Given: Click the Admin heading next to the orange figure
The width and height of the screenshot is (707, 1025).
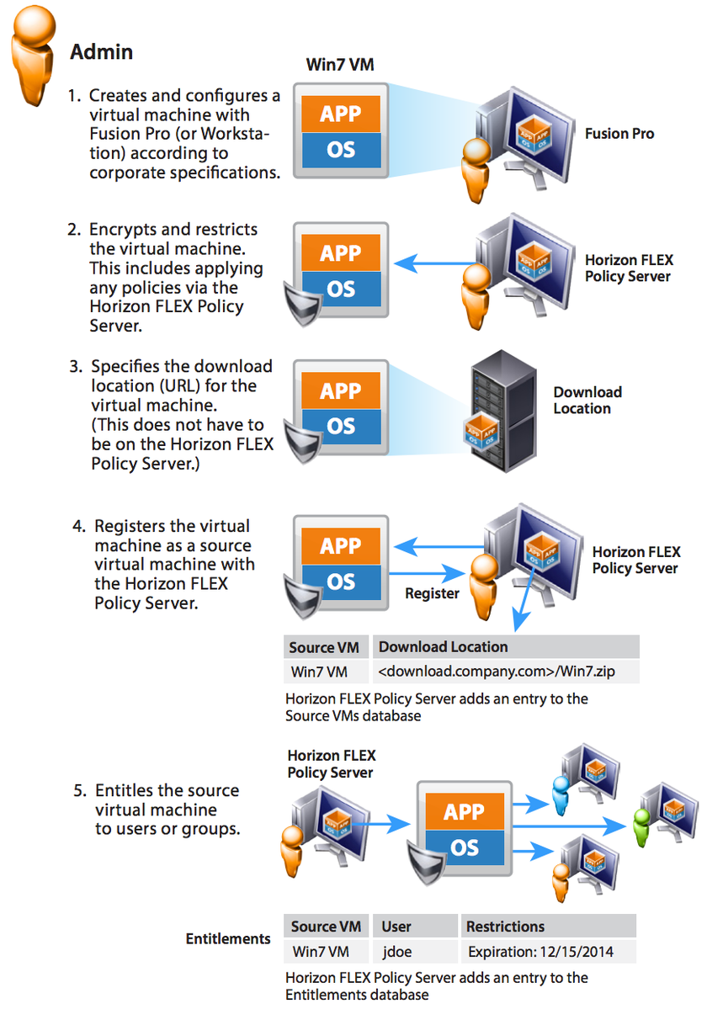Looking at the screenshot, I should click(x=101, y=52).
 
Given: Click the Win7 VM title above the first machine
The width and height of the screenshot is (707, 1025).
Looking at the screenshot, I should click(x=340, y=64).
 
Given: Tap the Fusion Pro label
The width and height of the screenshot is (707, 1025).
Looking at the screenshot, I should click(x=619, y=133).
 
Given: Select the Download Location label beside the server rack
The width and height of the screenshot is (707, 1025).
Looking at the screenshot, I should click(x=587, y=401).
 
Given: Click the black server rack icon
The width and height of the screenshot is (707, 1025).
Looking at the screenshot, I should click(x=502, y=412).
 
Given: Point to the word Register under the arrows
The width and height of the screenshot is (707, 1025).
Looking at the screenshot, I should click(x=432, y=593).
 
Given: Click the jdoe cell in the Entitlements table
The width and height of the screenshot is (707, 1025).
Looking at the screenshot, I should click(x=396, y=953).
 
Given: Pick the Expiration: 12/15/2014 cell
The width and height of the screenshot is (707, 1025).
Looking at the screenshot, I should click(x=540, y=953).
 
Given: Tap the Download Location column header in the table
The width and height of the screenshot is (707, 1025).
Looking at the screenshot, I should click(x=444, y=646).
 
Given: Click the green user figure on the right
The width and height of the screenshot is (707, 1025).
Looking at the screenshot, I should click(x=642, y=821).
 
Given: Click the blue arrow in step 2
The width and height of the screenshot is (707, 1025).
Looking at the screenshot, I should click(x=434, y=263).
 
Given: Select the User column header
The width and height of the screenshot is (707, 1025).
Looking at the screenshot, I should click(x=396, y=927).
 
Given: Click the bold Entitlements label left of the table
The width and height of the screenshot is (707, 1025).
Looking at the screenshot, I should click(x=228, y=938).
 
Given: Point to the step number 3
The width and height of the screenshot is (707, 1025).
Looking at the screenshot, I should click(x=76, y=367).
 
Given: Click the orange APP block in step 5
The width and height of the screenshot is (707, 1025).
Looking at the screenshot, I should click(x=464, y=811).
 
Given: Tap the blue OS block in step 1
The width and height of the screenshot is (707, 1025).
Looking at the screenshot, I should click(x=341, y=151).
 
